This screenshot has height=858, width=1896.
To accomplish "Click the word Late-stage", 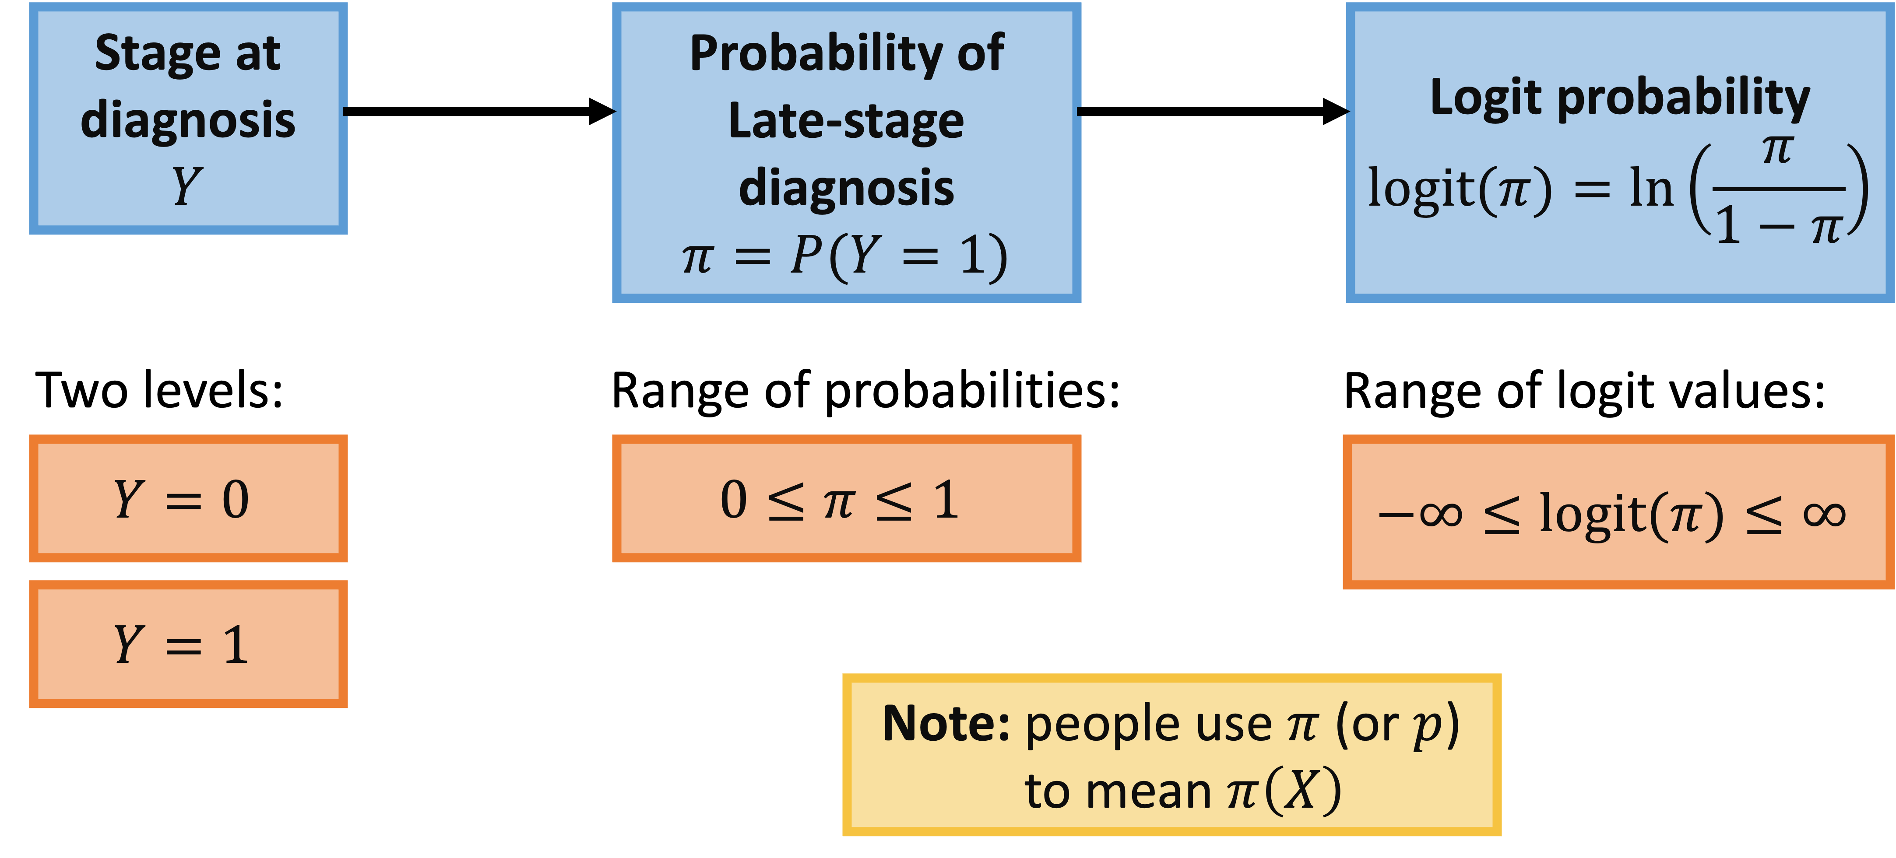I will [846, 121].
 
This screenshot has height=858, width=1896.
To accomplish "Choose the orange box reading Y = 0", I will [188, 498].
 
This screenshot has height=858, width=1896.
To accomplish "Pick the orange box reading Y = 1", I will [188, 644].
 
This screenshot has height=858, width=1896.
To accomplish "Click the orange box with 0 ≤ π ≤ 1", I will [846, 498].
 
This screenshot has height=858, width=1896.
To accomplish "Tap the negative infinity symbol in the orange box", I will [1421, 514].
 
